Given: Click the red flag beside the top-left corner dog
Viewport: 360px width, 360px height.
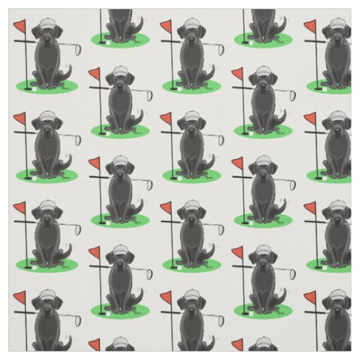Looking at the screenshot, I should coord(20,28).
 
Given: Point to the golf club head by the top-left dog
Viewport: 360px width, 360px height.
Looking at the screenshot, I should coord(75,49).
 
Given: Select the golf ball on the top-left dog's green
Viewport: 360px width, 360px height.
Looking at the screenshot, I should coord(32,88).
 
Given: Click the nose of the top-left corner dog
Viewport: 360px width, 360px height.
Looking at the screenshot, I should coord(47,39).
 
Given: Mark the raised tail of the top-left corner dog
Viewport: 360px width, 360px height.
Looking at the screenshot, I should coord(68,71).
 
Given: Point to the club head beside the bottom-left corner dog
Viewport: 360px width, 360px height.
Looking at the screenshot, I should coord(75,319).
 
